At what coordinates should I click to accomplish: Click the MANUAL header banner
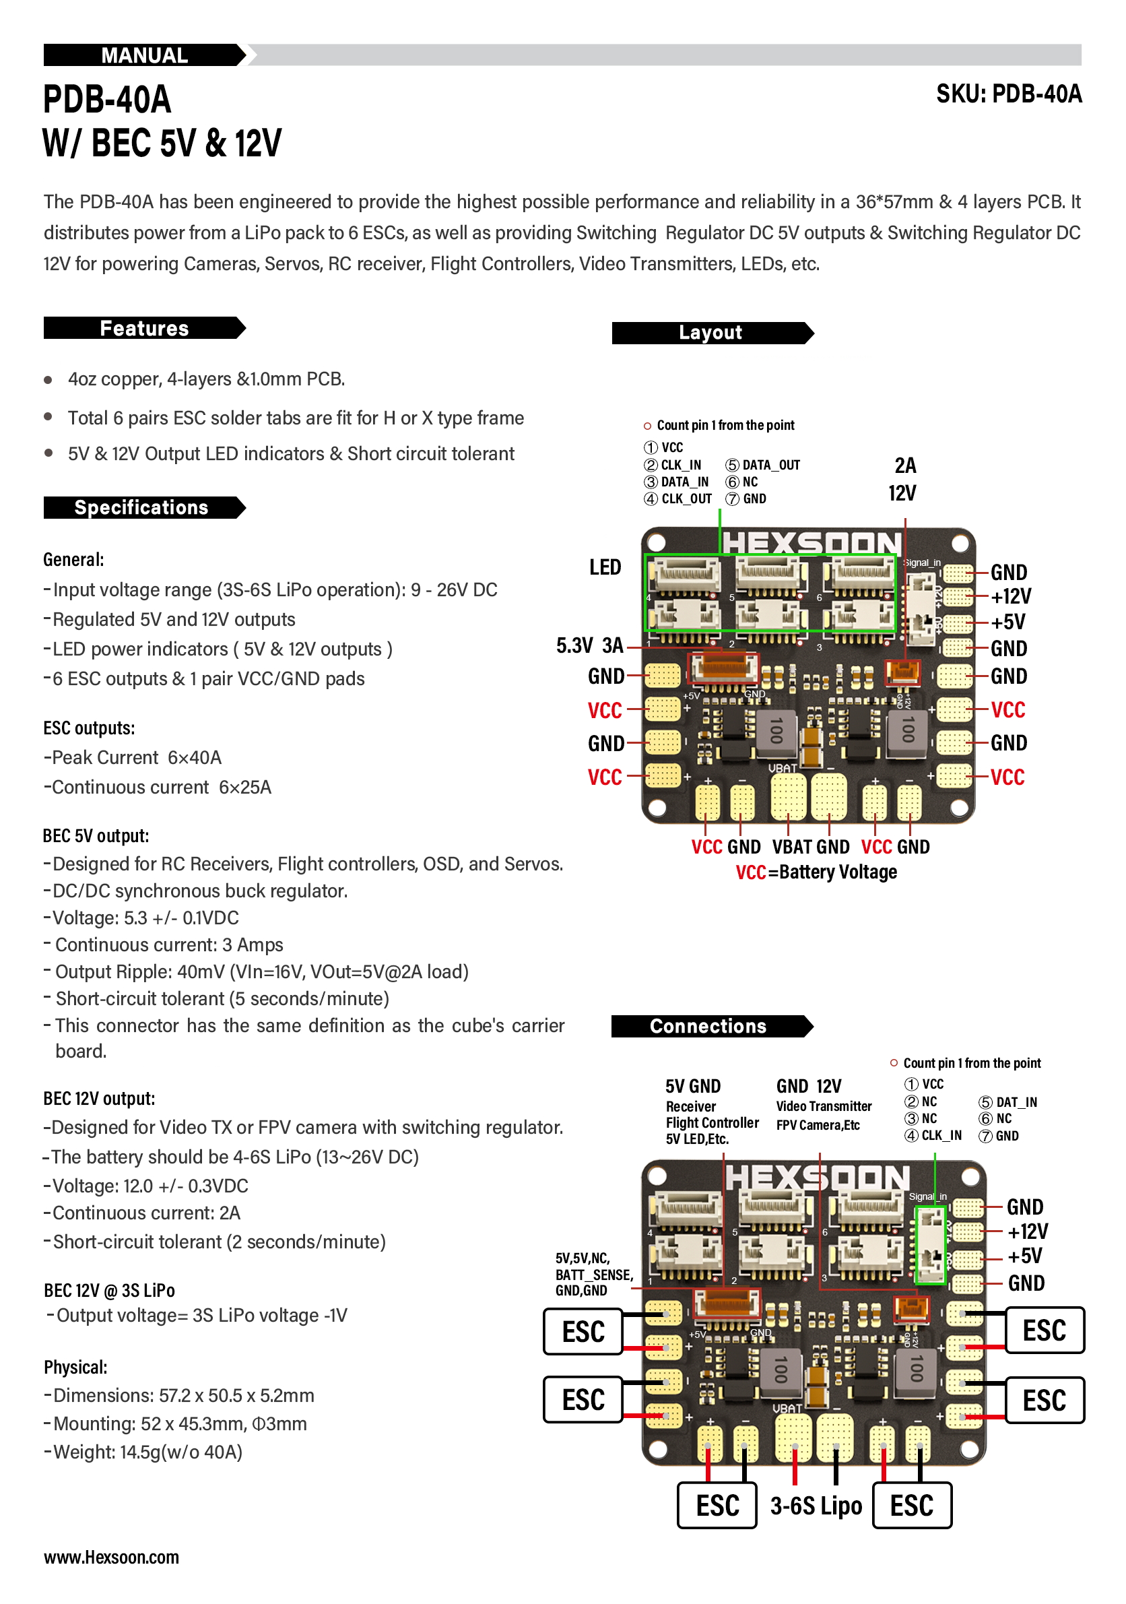(144, 55)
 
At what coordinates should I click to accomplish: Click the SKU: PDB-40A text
(1008, 94)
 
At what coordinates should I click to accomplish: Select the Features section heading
(144, 328)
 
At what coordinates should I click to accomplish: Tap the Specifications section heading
(141, 507)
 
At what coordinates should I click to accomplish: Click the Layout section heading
(710, 333)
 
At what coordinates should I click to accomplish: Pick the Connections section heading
(708, 1025)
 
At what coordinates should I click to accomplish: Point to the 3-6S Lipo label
(815, 1506)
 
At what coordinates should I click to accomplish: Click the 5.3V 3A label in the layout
(589, 645)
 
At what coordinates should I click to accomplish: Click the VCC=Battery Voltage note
(816, 872)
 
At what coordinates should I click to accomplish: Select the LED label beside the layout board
(604, 567)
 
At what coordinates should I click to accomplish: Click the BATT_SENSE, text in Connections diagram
(594, 1275)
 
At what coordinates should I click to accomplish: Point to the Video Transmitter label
(824, 1106)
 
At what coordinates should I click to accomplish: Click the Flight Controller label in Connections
(712, 1122)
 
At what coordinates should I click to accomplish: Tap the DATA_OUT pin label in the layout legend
(770, 466)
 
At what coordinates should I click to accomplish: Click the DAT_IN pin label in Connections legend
(1016, 1102)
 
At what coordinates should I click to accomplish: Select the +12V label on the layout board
(1010, 597)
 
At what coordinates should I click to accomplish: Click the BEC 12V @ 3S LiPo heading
(109, 1290)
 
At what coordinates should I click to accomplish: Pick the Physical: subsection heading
(75, 1367)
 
